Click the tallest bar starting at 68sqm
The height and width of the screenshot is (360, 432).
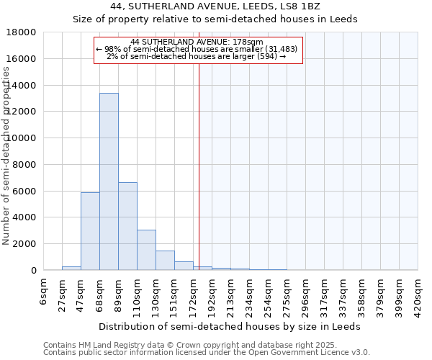[109, 181]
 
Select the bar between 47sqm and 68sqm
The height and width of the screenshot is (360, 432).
[90, 231]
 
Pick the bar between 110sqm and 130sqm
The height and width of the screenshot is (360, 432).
[146, 250]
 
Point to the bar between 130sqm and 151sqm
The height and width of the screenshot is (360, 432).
[165, 260]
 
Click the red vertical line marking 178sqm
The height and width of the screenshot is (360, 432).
[199, 166]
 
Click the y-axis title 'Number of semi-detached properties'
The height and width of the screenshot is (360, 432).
[6, 156]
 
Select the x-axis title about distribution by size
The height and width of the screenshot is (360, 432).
[230, 326]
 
